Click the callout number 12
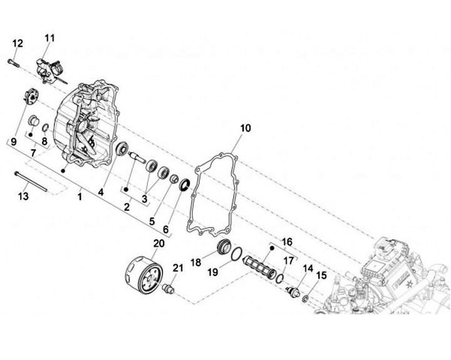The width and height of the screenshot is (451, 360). (18, 43)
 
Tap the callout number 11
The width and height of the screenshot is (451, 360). (49, 38)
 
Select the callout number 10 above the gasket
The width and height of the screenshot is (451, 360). (246, 128)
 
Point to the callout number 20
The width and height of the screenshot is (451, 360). (158, 243)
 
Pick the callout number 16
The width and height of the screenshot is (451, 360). (287, 241)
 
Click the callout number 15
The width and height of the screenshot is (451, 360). (323, 275)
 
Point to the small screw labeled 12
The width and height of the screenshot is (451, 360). (13, 61)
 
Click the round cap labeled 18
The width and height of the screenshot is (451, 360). (224, 247)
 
